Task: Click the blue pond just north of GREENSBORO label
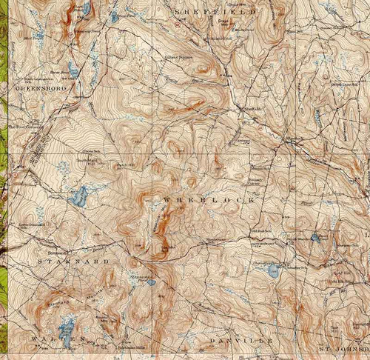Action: point(73,70)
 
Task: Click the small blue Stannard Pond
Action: point(151,281)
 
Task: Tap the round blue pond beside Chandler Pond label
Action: point(273,270)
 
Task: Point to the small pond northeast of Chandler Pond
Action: point(316,238)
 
